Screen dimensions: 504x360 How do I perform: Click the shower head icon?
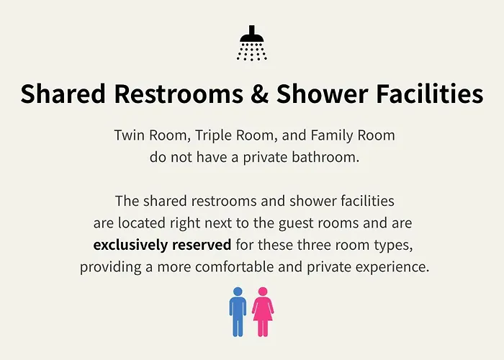[x=252, y=43]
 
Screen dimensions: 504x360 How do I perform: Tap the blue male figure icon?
[x=238, y=312]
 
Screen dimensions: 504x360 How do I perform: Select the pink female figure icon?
[x=263, y=312]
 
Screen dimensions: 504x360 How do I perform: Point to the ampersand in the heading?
[x=259, y=94]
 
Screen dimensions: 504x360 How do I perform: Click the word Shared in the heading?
[x=63, y=93]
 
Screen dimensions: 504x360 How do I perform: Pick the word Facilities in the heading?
[x=429, y=93]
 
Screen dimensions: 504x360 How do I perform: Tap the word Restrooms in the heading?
[x=179, y=93]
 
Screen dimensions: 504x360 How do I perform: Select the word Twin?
[x=129, y=135]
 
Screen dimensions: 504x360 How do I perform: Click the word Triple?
[x=213, y=135]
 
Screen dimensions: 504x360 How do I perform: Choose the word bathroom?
[x=325, y=158]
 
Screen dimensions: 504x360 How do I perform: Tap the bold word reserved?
[x=202, y=246]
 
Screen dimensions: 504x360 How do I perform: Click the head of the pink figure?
[x=263, y=292]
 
